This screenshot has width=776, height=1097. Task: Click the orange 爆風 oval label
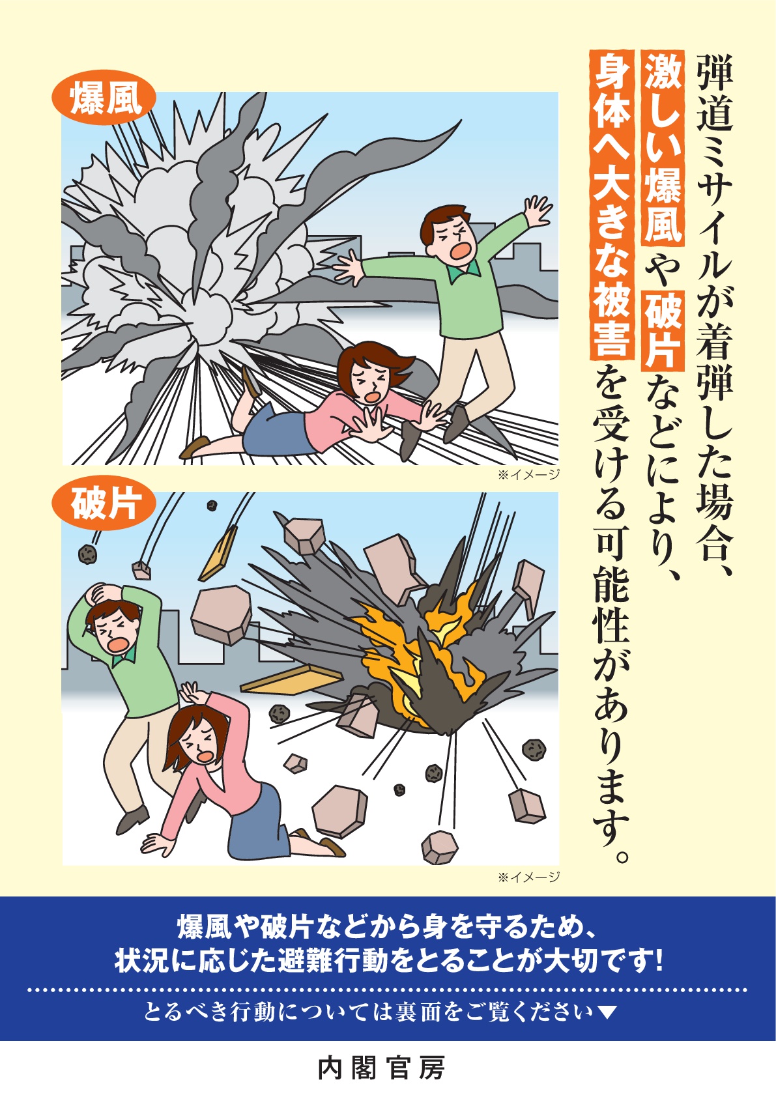click(104, 102)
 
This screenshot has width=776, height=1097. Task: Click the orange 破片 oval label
click(104, 504)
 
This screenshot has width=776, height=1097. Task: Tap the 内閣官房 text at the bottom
click(381, 1068)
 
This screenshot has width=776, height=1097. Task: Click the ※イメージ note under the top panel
click(528, 474)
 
